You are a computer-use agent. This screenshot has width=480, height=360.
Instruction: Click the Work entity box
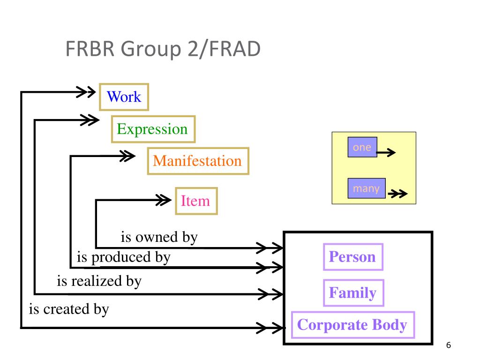[124, 97]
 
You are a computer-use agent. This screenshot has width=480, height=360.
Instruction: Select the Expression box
[153, 129]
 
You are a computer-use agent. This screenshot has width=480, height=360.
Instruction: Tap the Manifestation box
[198, 161]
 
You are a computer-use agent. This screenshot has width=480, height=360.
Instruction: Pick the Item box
[196, 201]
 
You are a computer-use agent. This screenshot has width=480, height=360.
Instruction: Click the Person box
[353, 257]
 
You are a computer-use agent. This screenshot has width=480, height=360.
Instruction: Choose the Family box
[353, 292]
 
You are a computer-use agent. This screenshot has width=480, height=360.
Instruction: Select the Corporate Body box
[353, 325]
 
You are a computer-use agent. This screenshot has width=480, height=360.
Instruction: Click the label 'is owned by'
[159, 237]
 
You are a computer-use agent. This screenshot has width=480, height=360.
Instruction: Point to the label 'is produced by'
[123, 257]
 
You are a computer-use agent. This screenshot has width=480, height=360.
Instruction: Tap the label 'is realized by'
[99, 281]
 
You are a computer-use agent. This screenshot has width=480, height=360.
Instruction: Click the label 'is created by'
[69, 309]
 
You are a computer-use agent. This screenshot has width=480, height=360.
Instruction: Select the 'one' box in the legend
[362, 147]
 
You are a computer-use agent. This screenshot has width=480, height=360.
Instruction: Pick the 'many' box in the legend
[367, 188]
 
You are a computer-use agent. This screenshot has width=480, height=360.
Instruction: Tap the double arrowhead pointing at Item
[164, 200]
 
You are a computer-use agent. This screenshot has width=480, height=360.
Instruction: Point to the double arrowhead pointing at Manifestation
[127, 156]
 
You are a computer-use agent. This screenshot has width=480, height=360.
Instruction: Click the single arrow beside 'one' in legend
[386, 152]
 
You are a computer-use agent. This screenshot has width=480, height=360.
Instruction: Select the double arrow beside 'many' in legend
[397, 194]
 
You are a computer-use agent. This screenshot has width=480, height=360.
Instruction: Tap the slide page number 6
[449, 345]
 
